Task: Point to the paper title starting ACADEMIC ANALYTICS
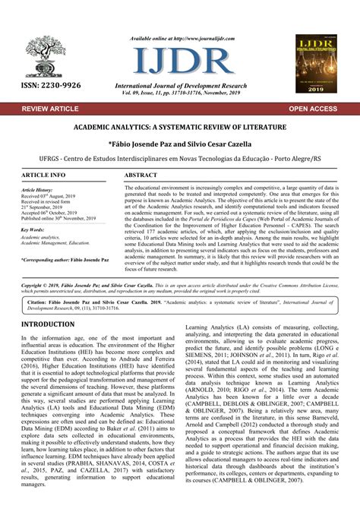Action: pyautogui.click(x=179, y=128)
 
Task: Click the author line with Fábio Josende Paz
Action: pyautogui.click(x=179, y=144)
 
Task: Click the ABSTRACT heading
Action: pyautogui.click(x=141, y=175)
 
